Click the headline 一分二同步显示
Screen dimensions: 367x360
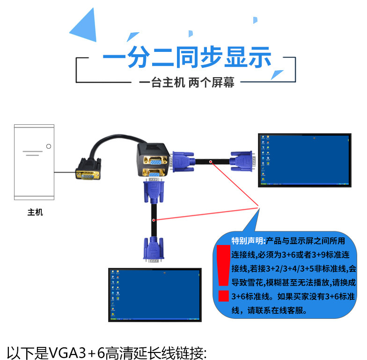(x=187, y=57)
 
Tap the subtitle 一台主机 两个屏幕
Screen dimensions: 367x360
(x=186, y=82)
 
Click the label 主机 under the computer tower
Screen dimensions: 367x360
(x=35, y=212)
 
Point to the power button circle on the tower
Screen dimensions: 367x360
(x=49, y=146)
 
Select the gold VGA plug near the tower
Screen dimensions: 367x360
(x=88, y=169)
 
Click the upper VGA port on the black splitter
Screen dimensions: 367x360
(x=154, y=162)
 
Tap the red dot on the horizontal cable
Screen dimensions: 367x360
(x=211, y=162)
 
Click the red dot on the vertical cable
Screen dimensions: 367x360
(x=154, y=220)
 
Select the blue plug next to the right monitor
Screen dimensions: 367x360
(x=242, y=161)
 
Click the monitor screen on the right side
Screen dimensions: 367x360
(x=305, y=160)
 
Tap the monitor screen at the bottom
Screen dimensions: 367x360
(x=155, y=295)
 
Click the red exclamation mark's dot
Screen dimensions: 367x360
(x=223, y=295)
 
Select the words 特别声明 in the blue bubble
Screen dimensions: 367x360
(x=247, y=241)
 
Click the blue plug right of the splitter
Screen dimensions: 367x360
(x=183, y=162)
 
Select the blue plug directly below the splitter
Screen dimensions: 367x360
(x=154, y=191)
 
